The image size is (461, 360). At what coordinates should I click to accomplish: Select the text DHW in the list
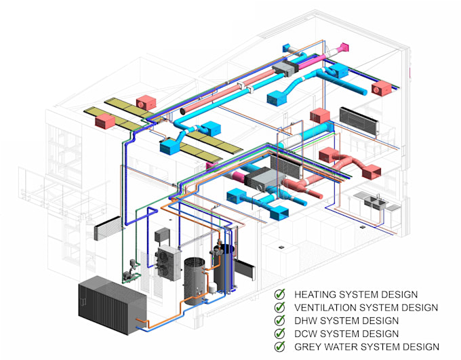point(306,321)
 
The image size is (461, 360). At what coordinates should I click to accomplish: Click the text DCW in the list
point(306,334)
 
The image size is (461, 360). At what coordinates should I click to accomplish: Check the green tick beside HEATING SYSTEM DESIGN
point(280,295)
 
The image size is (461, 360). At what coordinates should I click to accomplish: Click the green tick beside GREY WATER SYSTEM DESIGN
point(280,346)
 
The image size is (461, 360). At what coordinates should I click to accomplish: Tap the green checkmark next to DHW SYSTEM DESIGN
point(280,321)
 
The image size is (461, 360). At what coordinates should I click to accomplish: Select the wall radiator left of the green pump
point(107,229)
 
